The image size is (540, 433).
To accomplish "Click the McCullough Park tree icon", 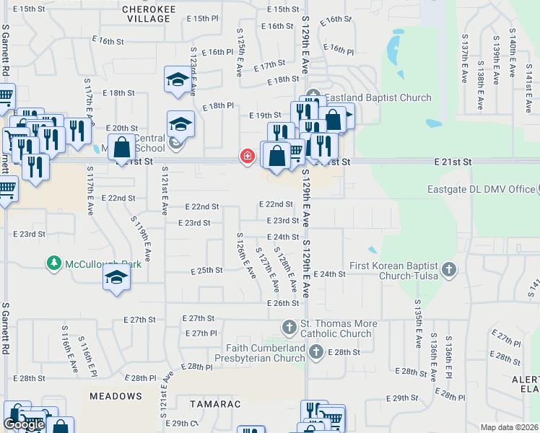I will [x=53, y=264].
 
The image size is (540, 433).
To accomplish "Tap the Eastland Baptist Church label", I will [x=378, y=97].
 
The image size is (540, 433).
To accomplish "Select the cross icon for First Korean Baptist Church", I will [x=449, y=270].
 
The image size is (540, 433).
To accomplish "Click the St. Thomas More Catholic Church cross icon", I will [x=289, y=328].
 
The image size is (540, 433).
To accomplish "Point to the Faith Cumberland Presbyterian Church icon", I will [x=315, y=352].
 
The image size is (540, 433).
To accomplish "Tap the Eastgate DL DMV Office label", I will [x=479, y=189].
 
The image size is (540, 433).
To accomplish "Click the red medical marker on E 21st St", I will [x=247, y=157].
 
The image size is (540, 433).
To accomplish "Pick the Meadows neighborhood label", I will [x=116, y=396].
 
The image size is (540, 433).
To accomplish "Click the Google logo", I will [x=25, y=424].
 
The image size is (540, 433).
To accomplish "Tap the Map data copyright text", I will [x=509, y=427].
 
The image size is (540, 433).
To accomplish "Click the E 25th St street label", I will [x=206, y=271].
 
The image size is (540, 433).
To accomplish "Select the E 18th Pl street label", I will [x=220, y=105].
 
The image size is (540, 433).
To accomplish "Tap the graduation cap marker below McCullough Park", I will [x=116, y=278].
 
